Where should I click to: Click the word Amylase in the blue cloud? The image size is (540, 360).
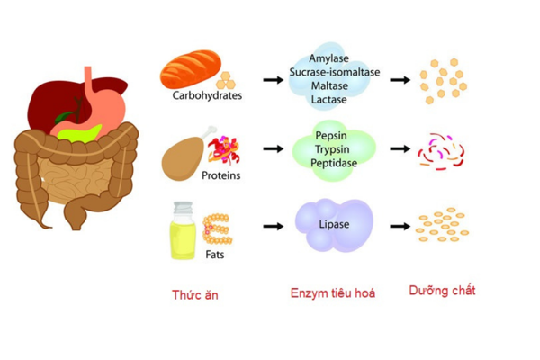pyautogui.click(x=328, y=58)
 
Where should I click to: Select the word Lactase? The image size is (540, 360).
pyautogui.click(x=328, y=100)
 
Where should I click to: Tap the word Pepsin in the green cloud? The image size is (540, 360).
pyautogui.click(x=330, y=135)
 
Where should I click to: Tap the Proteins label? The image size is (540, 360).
pyautogui.click(x=220, y=175)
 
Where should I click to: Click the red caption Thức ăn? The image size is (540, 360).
pyautogui.click(x=194, y=293)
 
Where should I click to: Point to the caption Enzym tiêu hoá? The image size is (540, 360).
pyautogui.click(x=332, y=293)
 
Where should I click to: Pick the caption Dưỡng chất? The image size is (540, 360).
pyautogui.click(x=442, y=291)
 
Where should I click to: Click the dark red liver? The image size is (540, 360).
pyautogui.click(x=49, y=103)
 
